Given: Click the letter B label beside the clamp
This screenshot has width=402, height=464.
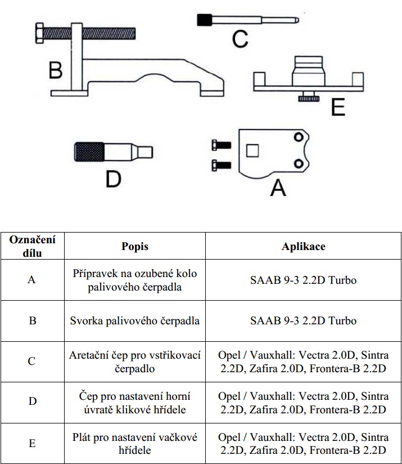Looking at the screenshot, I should (55, 70).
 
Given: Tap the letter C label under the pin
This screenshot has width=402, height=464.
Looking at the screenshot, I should (240, 39).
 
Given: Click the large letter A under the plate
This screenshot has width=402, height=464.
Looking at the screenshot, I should (278, 188).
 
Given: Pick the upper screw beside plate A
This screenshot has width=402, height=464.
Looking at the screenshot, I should (220, 145).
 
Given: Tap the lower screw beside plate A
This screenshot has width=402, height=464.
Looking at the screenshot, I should (220, 165).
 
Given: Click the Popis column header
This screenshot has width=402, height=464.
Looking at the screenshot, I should (135, 247).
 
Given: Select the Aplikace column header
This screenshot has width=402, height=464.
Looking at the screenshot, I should (303, 247).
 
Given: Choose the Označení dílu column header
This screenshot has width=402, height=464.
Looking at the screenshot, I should (32, 247).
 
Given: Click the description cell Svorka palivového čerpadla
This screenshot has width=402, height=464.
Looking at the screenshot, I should (135, 320).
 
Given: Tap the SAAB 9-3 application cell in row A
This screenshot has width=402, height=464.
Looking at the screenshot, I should (303, 280).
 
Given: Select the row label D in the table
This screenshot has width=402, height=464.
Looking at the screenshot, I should (32, 401).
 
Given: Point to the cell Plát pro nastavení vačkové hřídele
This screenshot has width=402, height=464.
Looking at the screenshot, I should (135, 443).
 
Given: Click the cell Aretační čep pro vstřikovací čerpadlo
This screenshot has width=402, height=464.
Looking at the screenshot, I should (135, 362).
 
